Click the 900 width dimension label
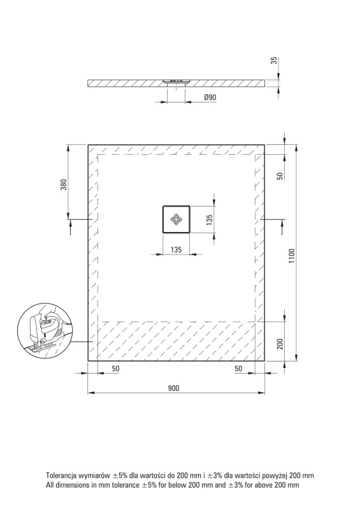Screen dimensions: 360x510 [174, 388]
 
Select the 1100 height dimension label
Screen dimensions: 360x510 [292, 256]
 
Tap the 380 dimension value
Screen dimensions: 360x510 [64, 185]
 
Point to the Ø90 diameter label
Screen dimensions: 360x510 [210, 98]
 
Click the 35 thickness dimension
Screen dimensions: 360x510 [274, 61]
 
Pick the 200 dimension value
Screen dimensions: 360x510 [280, 344]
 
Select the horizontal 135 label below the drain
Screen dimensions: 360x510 [176, 249]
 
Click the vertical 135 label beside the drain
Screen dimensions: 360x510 [210, 219]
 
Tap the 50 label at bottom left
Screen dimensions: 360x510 [116, 368]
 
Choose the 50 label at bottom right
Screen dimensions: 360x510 [238, 368]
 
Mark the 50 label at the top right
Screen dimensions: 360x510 [280, 176]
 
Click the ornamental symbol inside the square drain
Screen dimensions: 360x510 [176, 219]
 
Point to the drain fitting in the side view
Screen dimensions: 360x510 [176, 82]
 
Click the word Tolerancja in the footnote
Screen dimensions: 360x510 [61, 476]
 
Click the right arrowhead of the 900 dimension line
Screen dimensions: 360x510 [261, 393]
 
